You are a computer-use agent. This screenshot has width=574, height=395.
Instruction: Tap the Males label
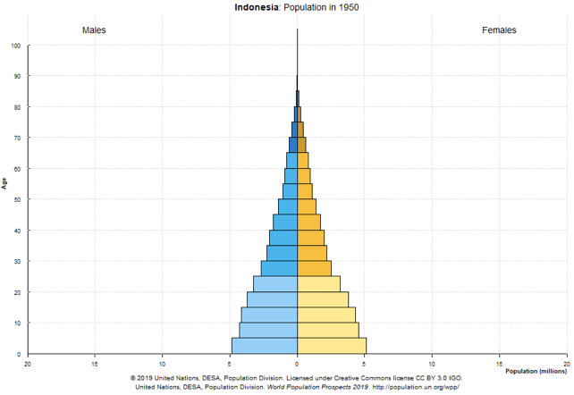pyautogui.click(x=94, y=30)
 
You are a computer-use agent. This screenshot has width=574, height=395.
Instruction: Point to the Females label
pyautogui.click(x=499, y=30)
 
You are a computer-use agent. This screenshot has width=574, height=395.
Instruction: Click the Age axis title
pyautogui.click(x=5, y=183)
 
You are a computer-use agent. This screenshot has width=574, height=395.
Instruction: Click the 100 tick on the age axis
pyautogui.click(x=17, y=46)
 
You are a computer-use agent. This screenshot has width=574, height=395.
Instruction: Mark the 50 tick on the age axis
pyautogui.click(x=19, y=199)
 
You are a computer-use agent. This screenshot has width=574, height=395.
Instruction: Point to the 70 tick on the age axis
pyautogui.click(x=19, y=138)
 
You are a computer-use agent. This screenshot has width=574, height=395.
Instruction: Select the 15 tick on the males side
pyautogui.click(x=95, y=363)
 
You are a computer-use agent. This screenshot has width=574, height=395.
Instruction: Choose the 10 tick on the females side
pyautogui.click(x=432, y=363)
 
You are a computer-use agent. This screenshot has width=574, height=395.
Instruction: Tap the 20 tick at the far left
pyautogui.click(x=28, y=363)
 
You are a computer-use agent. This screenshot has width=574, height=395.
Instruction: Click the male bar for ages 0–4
pyautogui.click(x=265, y=346)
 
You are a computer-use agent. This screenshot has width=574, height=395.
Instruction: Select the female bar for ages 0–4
pyautogui.click(x=331, y=346)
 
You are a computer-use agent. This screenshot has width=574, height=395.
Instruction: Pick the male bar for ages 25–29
pyautogui.click(x=279, y=268)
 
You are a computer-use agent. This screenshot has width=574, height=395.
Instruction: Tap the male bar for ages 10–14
pyautogui.click(x=269, y=315)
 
